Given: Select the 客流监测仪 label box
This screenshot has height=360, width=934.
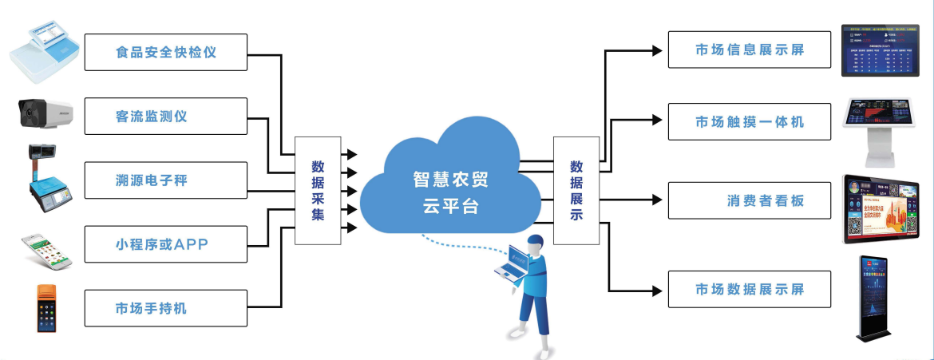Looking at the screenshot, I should point(166,117).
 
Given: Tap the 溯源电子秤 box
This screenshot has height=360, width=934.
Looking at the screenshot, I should point(166,180).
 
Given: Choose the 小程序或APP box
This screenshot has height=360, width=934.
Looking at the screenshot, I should point(166,243).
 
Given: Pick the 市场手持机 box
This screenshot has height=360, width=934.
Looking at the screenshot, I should point(166,307).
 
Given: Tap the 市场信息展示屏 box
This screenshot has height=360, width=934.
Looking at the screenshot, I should point(749,50).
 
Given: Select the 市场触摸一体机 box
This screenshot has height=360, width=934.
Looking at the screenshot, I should point(749,122).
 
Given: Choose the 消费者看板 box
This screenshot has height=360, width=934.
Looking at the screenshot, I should point(749,201).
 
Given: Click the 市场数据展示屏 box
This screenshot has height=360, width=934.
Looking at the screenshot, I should point(749,288).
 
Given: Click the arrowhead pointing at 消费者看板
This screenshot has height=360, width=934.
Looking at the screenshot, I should point(656,200).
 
